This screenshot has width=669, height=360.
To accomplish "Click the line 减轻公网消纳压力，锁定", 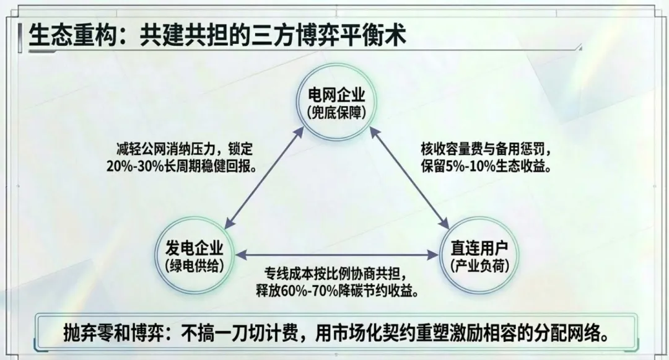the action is (184, 151).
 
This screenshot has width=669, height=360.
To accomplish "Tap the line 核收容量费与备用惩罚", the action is (476, 151).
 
